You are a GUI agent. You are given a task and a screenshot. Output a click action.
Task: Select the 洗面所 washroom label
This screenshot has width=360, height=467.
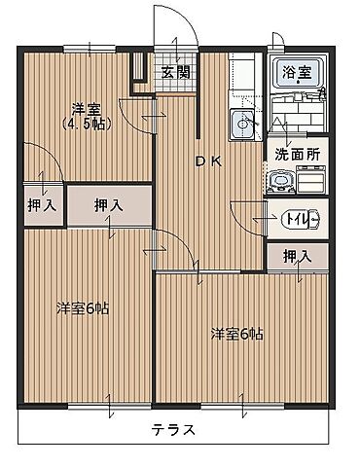coord(296,154)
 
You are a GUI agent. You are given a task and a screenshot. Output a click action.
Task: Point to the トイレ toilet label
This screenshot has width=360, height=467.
coord(297,218)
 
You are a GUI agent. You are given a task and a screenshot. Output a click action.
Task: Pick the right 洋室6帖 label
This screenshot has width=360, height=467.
coord(236,334)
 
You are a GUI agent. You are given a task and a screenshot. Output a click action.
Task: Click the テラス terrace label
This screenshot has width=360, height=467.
coord(173,429)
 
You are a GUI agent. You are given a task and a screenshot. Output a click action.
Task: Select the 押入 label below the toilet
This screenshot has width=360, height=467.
coord(297,256)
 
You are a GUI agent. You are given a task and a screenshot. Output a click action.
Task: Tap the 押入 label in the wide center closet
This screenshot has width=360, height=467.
coord(108,205)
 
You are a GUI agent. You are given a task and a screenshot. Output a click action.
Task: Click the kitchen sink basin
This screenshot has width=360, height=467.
coord(242,123)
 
